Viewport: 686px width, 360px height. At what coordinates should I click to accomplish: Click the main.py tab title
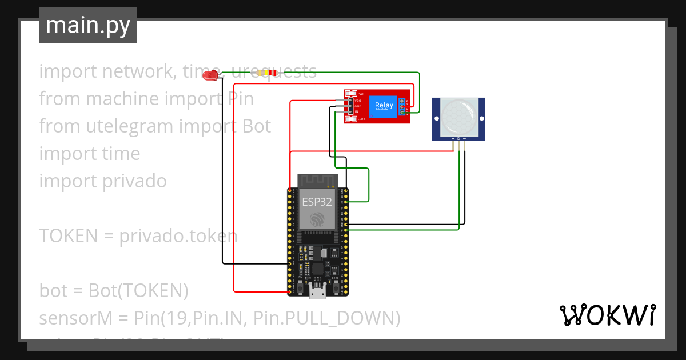coord(87,25)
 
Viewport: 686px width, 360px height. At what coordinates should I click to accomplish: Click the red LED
coord(213,75)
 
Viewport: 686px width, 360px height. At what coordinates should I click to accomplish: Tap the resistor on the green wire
coord(267,73)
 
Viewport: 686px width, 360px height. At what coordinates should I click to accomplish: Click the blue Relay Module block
coord(384,106)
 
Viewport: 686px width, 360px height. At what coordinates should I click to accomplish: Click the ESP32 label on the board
coord(317,202)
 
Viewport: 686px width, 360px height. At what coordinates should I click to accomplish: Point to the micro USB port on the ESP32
coord(317,292)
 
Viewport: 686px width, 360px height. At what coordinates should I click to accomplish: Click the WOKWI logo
coord(607,315)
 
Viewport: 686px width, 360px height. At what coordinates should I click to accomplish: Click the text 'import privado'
coord(103,181)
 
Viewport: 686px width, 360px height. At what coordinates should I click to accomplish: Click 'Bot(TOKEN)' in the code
coord(138,290)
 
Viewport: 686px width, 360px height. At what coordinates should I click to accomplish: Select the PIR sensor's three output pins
coord(458,145)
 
